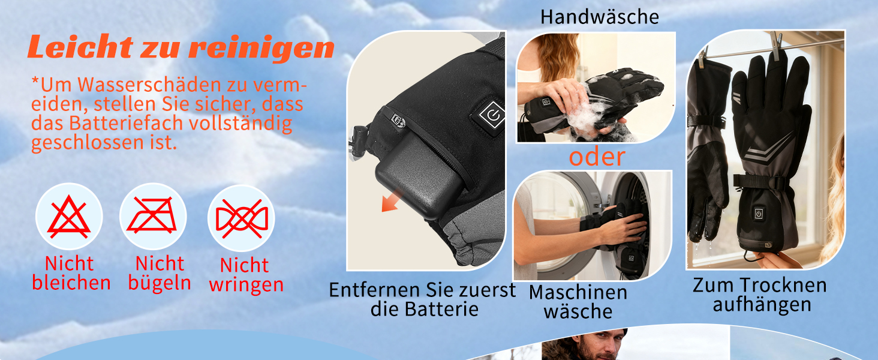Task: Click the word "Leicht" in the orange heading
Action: [x=80, y=46]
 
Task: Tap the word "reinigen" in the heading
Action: [x=262, y=49]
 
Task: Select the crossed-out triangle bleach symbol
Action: [x=69, y=217]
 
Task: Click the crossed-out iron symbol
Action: [x=152, y=215]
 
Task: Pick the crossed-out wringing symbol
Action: [x=242, y=219]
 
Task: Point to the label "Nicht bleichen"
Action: [x=71, y=273]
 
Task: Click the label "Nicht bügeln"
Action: [x=160, y=274]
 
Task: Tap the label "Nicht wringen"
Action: [x=246, y=275]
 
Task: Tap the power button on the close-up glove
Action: [x=493, y=115]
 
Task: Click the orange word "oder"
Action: [x=597, y=157]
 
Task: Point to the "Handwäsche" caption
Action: [x=600, y=17]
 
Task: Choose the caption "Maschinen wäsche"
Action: [x=578, y=302]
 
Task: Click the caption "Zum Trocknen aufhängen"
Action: [x=760, y=295]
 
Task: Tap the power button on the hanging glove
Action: [x=759, y=214]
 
